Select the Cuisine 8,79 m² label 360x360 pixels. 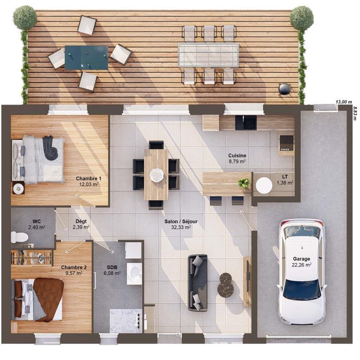(x=237, y=158)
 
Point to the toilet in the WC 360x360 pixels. (x=19, y=237)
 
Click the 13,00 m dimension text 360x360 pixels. (x=344, y=102)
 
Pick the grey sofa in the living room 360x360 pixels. (x=198, y=283)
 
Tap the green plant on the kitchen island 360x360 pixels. (x=244, y=183)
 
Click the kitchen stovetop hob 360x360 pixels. (x=286, y=142)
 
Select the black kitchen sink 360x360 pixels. (x=246, y=122)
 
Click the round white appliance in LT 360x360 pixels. (x=264, y=185)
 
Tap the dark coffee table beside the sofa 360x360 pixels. (x=225, y=285)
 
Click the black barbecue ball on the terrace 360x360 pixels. (x=284, y=89)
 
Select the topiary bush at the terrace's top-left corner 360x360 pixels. (x=25, y=18)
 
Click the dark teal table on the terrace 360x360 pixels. (x=86, y=58)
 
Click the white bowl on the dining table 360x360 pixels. (x=157, y=174)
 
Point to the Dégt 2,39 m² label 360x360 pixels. (x=81, y=224)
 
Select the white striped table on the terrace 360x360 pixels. (x=208, y=54)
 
